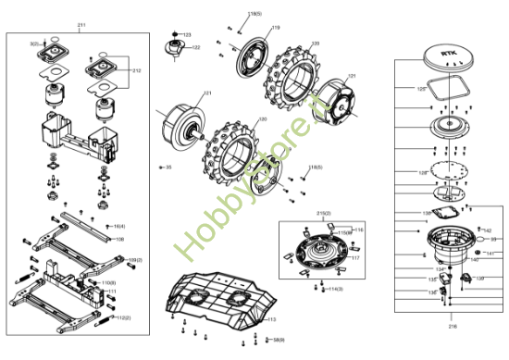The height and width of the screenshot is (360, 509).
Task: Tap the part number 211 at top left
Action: pyautogui.click(x=81, y=25)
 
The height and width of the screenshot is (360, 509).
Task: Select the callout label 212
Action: pyautogui.click(x=137, y=70)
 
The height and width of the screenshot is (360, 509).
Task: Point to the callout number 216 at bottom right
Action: pyautogui.click(x=453, y=326)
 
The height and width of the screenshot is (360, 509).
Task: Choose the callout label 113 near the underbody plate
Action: pyautogui.click(x=271, y=319)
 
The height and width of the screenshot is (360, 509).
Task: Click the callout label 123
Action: pyautogui.click(x=186, y=34)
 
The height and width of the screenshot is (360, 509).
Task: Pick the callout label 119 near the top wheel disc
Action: pyautogui.click(x=276, y=28)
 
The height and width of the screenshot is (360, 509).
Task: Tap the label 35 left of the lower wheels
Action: pyautogui.click(x=168, y=168)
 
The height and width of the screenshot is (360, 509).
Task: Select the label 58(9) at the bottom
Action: pyautogui.click(x=278, y=340)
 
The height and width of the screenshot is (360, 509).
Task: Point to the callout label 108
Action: pyautogui.click(x=119, y=239)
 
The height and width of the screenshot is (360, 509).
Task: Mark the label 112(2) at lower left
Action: pyautogui.click(x=123, y=317)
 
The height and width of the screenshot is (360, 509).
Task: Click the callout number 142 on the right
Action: pyautogui.click(x=487, y=230)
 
